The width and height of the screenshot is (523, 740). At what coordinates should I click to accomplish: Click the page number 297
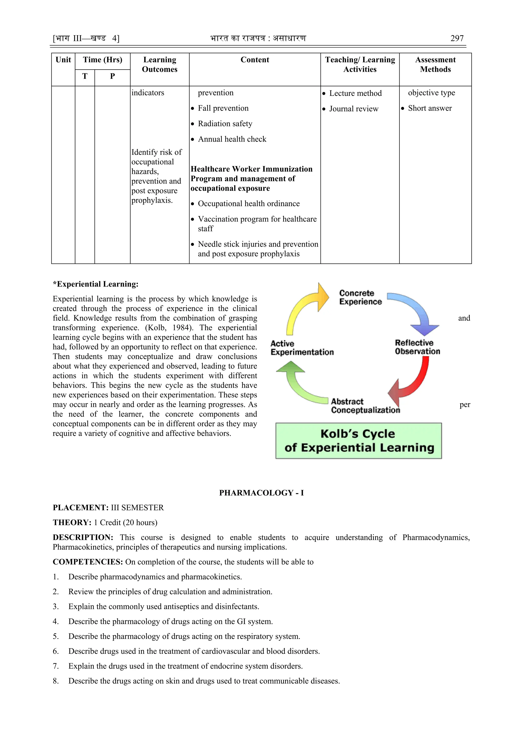pos(457,38)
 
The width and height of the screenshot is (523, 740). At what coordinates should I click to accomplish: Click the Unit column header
pos(63,60)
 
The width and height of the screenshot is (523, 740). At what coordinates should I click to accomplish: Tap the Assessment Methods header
pos(435,64)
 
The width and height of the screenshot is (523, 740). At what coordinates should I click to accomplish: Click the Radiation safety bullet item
pos(225,124)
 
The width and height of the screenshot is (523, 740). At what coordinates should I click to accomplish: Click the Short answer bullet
pos(430,108)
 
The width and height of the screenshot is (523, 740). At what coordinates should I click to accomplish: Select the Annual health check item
pos(232,139)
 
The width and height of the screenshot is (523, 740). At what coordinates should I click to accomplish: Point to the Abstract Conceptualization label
pos(365,406)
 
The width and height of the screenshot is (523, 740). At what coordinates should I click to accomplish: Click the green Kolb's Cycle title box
pos(359,441)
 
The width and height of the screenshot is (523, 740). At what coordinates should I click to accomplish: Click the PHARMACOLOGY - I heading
pos(261,493)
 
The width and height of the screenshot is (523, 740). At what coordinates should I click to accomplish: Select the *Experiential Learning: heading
pos(96,284)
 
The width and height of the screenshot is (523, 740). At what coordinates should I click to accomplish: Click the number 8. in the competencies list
pos(56,681)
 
